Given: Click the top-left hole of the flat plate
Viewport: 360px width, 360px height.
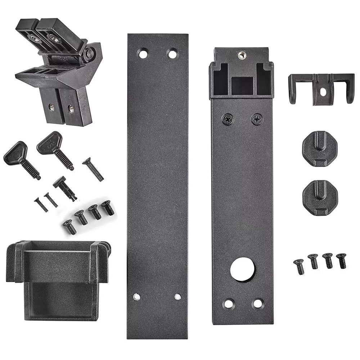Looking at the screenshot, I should (143, 54).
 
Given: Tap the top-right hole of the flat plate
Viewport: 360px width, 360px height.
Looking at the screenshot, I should (172, 54).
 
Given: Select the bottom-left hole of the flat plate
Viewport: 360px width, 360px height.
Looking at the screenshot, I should (136, 297).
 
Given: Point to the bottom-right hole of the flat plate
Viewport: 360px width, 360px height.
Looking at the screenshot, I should (177, 297).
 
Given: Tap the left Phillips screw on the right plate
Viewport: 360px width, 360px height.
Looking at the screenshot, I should (228, 119).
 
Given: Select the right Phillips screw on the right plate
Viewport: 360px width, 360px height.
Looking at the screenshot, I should (257, 119).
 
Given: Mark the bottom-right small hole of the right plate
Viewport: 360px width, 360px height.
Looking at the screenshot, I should (258, 303).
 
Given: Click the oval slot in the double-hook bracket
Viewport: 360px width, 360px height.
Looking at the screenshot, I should (323, 92).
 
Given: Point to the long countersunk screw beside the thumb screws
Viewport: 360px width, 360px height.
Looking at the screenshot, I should (93, 170).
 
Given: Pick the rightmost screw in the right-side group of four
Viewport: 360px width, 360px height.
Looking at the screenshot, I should (341, 260).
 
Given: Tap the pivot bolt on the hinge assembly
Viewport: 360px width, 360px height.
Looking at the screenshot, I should (90, 54).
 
